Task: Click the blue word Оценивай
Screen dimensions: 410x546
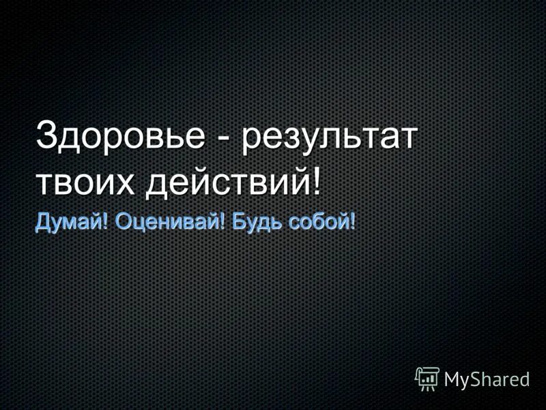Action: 167,222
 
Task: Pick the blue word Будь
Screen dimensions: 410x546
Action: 252,222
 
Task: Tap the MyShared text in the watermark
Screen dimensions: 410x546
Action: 487,380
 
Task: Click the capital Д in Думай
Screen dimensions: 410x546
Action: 42,222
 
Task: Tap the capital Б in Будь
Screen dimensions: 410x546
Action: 237,222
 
